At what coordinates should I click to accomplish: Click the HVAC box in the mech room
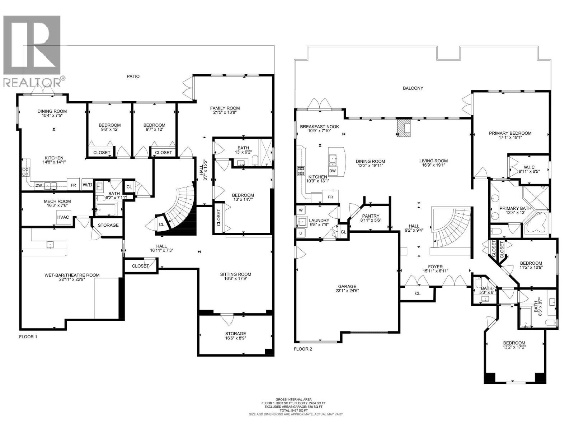click(63, 217)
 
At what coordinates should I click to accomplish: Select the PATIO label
click(133, 77)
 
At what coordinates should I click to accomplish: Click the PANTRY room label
click(371, 216)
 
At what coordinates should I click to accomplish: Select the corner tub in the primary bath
click(536, 223)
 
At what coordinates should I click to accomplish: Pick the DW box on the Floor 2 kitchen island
click(333, 171)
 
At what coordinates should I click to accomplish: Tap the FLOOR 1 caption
click(28, 337)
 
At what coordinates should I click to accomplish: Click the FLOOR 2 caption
click(303, 349)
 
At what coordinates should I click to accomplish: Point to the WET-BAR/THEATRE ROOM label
click(72, 275)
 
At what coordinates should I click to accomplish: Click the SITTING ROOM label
click(236, 274)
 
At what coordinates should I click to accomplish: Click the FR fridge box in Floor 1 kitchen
click(73, 185)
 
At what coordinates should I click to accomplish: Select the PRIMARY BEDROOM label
click(510, 133)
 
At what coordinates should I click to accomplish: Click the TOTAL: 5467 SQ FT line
click(296, 410)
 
